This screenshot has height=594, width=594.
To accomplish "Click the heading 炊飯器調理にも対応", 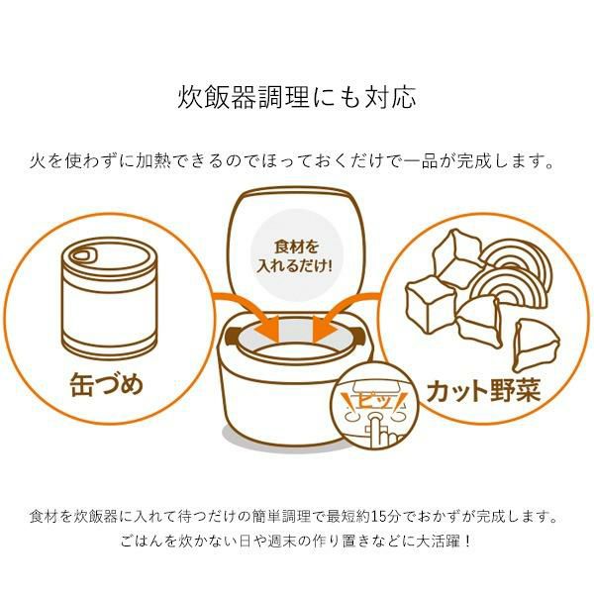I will [x=297, y=98].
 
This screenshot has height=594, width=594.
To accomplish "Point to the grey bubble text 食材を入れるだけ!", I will [x=297, y=254].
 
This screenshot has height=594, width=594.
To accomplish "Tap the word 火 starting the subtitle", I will [x=38, y=159].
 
